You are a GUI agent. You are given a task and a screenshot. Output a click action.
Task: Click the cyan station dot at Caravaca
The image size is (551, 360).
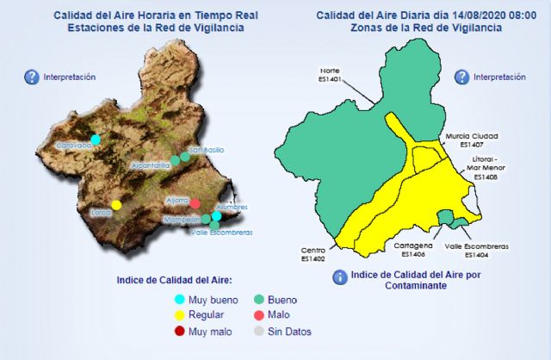click(x=96, y=139)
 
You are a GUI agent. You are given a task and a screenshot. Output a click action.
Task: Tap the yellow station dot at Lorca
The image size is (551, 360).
click(x=116, y=204)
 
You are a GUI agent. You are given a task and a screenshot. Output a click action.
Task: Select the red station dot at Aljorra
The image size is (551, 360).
click(x=195, y=204)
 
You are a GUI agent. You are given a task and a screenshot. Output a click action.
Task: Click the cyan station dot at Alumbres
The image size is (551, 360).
click(x=217, y=216)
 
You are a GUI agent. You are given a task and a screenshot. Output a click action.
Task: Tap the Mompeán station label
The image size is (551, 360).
click(x=182, y=220)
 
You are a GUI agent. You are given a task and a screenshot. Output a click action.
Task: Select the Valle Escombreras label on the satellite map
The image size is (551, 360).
click(x=221, y=233)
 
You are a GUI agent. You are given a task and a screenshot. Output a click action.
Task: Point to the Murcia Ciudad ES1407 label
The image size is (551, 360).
click(x=472, y=140)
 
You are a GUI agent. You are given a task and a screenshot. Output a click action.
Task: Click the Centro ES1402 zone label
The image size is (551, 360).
click(x=313, y=254)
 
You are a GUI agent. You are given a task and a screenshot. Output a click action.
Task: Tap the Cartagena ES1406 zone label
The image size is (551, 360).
click(x=410, y=250)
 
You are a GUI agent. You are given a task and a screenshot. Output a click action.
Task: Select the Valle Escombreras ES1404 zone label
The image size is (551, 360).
click(x=476, y=250)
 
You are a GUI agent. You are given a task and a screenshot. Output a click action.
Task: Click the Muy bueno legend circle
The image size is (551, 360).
click(x=180, y=299)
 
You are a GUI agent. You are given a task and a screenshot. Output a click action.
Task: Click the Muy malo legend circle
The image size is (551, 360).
click(x=180, y=332)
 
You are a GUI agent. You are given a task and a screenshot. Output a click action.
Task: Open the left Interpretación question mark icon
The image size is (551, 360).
click(x=32, y=78)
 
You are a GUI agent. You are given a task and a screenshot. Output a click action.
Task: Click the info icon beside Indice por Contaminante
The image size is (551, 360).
click(x=339, y=277)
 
